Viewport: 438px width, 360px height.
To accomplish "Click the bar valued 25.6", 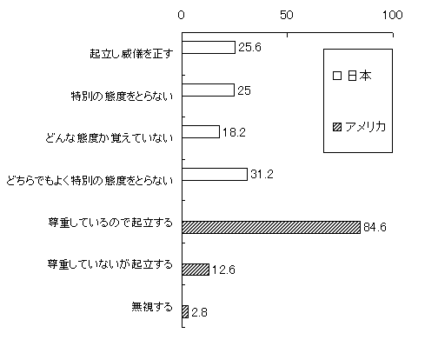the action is point(209,47).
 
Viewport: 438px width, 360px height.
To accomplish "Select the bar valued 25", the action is point(208,90).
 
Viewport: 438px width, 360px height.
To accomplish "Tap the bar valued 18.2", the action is point(201,131).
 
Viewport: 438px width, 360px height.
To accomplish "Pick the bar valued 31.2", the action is point(215,174).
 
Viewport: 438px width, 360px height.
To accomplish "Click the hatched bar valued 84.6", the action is point(271,227).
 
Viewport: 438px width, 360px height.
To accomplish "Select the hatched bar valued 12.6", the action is point(196,270).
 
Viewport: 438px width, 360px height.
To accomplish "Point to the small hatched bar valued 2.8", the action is point(185,311).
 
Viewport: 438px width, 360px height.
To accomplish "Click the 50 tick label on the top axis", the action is point(287,15).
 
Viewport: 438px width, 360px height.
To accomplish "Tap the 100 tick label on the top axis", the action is point(393,15).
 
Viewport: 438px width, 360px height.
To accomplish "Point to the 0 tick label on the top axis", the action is point(182,15).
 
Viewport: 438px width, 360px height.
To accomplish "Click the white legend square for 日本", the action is point(337,76).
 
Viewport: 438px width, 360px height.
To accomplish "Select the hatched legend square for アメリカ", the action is point(337,127).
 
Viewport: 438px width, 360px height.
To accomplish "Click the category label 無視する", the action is point(152,307).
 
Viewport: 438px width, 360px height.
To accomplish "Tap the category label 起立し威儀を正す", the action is point(131,54).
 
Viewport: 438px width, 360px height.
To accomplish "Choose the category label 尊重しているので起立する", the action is point(110,223).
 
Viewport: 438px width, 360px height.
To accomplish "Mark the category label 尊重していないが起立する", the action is point(110,264).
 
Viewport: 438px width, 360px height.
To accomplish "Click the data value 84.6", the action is point(375,227).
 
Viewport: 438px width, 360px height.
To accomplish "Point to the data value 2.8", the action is point(200,312).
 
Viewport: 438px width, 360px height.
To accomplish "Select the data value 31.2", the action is point(262,174).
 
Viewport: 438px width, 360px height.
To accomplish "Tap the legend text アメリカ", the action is point(366,127).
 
